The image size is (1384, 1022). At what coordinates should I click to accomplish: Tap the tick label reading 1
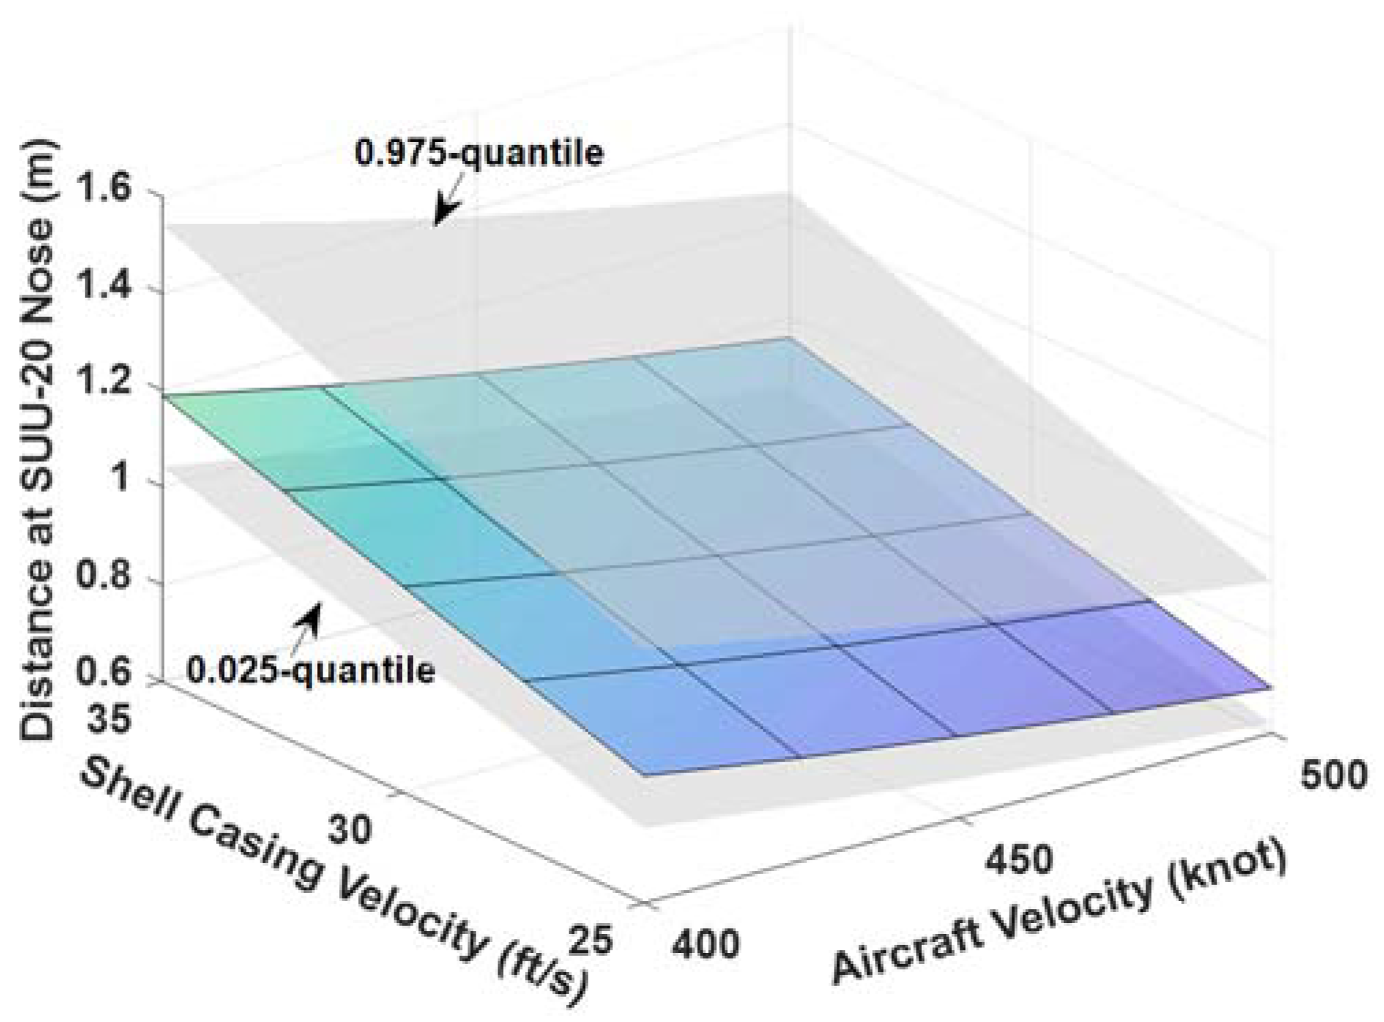coord(122,479)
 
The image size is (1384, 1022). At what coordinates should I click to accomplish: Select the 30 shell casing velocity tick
coord(351,829)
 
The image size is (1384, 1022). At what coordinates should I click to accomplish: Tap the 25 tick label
coord(592,942)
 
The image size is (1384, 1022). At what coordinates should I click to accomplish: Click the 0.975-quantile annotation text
coord(479,152)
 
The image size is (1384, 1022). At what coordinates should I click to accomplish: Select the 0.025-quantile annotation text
coord(311,670)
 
